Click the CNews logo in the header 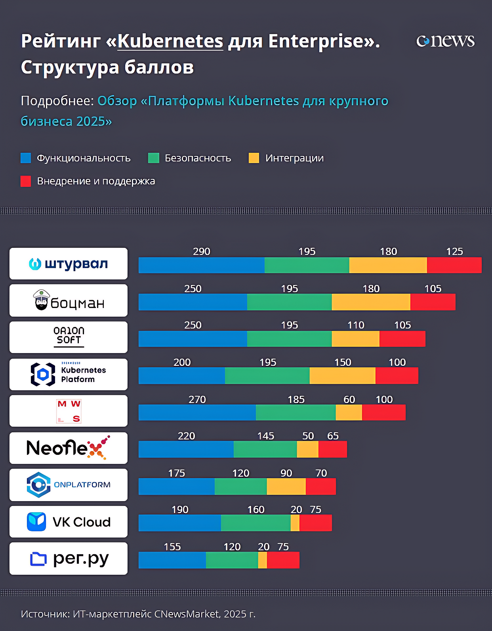pos(445,41)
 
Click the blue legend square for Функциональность pos(26,158)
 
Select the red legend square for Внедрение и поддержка pos(26,181)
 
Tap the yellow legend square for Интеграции pos(254,158)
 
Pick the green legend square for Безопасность pos(153,158)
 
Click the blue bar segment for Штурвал pos(201,265)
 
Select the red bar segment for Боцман pos(433,302)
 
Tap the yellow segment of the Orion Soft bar pos(355,339)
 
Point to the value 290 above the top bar pos(201,251)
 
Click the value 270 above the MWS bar pos(197,399)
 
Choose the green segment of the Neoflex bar pos(265,449)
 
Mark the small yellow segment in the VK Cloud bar pos(295,523)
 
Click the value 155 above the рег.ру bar pos(172,547)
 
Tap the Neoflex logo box pos(69,448)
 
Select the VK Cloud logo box pos(69,522)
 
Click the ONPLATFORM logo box pos(69,485)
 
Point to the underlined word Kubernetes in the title pos(170,41)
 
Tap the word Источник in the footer pos(45,614)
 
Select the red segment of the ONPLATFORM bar pos(320,487)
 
